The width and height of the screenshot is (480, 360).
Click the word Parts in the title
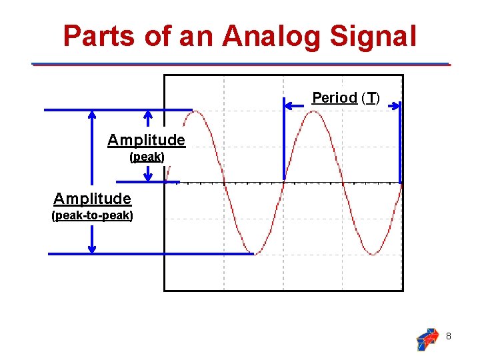[x=100, y=36]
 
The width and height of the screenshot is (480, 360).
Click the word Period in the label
[x=335, y=98]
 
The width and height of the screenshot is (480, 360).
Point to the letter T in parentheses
[x=370, y=99]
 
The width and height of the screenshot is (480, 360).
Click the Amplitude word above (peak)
[x=146, y=140]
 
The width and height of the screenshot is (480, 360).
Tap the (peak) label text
[x=147, y=157]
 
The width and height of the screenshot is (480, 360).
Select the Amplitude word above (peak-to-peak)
[x=92, y=199]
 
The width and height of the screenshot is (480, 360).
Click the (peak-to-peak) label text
[x=92, y=215]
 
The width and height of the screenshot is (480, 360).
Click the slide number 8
[x=449, y=337]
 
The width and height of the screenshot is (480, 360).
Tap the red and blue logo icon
[x=427, y=339]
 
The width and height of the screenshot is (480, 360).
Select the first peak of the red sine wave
[x=194, y=112]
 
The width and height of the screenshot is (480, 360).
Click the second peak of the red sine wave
[x=313, y=112]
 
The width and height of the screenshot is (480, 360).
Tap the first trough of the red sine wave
[x=254, y=253]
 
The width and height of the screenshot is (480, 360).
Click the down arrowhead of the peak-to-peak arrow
[x=92, y=249]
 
